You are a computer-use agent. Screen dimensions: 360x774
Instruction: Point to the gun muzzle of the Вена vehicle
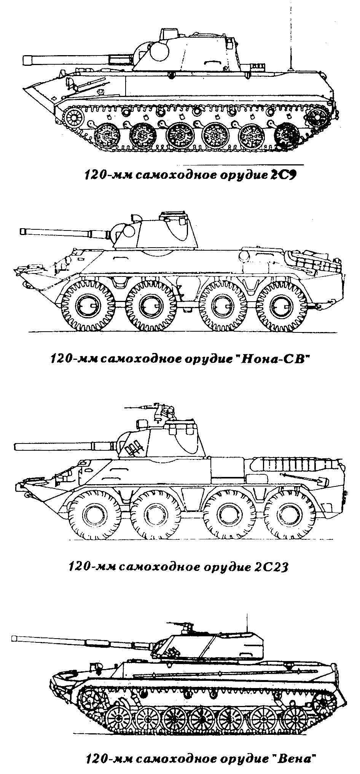pyautogui.click(x=14, y=637)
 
